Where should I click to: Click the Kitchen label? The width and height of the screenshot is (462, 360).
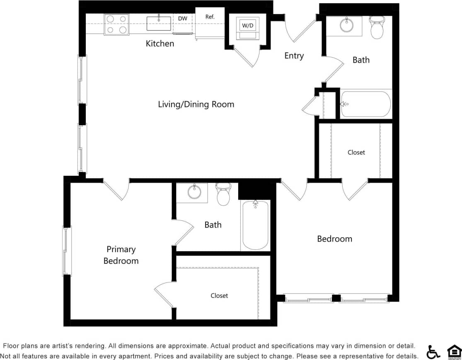pos(160,44)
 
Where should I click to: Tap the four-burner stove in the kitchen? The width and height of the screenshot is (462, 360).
pos(116,24)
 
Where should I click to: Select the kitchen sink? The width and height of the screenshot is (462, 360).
pos(159,23)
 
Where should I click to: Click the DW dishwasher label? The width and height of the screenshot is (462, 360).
pos(183,18)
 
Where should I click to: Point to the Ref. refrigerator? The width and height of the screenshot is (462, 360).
pos(210,23)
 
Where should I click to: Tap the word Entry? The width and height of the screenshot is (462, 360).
pos(294,56)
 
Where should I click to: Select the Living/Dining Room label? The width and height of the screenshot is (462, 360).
pos(196,104)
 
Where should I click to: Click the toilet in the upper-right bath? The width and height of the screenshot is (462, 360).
pos(377,28)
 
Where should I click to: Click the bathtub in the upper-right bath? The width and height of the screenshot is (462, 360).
pos(366,104)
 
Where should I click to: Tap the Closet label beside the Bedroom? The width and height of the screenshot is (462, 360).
pos(356,152)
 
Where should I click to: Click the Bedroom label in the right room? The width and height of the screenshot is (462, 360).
pos(334,239)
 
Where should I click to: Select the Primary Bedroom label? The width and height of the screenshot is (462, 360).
pos(121,255)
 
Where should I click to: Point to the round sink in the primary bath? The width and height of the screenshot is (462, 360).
pos(194,192)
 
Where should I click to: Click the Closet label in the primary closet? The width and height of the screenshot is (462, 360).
pos(219,296)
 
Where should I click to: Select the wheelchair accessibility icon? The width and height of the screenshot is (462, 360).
pos(433,352)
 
